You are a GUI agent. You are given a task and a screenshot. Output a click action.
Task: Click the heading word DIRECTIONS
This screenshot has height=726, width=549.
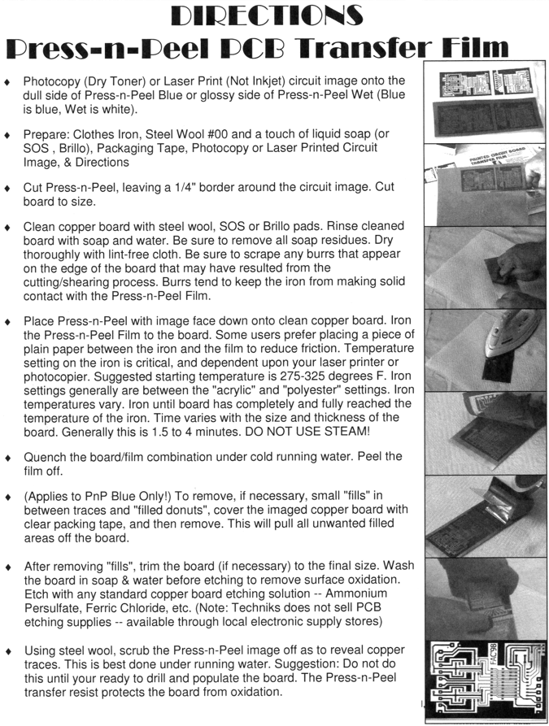pyautogui.click(x=274, y=15)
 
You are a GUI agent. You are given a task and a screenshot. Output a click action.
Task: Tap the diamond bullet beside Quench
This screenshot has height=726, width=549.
pyautogui.click(x=8, y=457)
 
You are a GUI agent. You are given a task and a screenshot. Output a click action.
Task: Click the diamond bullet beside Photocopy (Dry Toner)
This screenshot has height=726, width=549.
pyautogui.click(x=8, y=81)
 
